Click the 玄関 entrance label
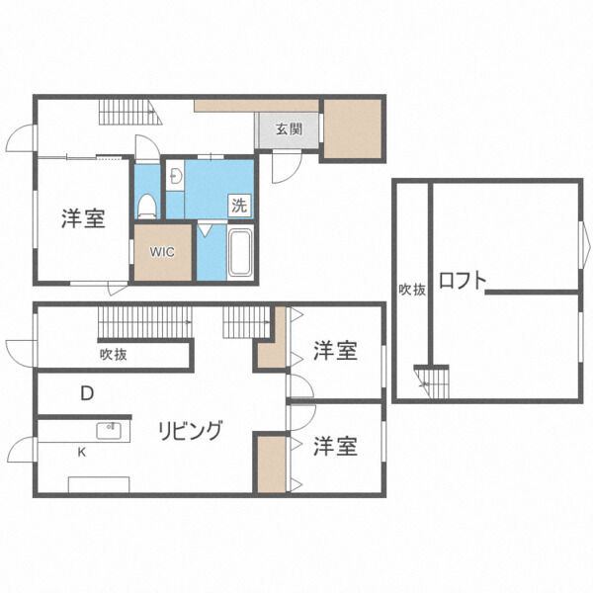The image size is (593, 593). point(289,128)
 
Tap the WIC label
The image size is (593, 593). point(162,251)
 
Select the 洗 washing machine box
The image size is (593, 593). point(239,206)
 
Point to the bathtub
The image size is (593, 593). point(240,253)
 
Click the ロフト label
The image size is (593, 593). point(463,281)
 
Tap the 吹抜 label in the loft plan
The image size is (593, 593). point(412,290)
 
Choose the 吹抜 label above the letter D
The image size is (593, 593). point(113,354)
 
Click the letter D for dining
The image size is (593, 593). point(87,392)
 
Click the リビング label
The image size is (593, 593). point(191,431)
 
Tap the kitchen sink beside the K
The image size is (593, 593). point(108,431)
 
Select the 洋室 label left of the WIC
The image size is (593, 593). point(83,218)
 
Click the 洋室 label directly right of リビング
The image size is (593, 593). point(336,447)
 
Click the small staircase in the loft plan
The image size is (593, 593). point(431,380)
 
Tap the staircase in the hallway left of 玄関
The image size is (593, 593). point(127,113)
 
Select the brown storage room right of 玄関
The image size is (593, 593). point(353,128)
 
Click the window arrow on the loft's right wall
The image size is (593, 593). point(583,240)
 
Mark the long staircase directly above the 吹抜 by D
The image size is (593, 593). point(144,321)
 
